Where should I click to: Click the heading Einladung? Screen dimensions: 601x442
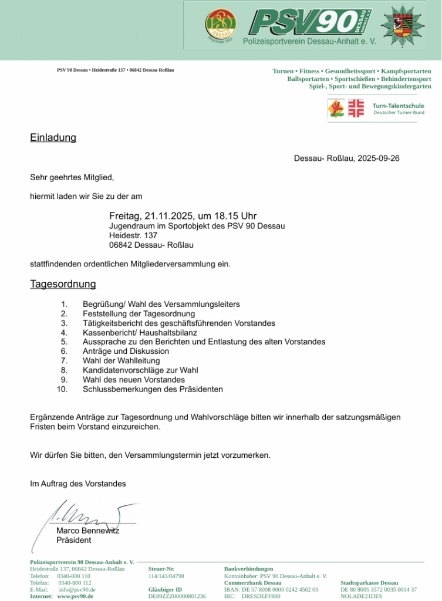53,138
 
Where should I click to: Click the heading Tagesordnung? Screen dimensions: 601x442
63,285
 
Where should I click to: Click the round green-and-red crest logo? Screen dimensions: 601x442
220,26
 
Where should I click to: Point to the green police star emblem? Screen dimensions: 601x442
403,26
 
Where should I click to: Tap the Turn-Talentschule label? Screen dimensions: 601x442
398,106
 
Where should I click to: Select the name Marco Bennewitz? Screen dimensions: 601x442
87,531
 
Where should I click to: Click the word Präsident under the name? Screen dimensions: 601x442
73,540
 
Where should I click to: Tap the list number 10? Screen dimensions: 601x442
62,389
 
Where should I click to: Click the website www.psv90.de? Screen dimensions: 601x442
75,596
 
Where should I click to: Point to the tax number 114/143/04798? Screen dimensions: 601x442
166,576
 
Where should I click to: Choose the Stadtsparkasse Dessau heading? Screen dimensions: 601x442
369,583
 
